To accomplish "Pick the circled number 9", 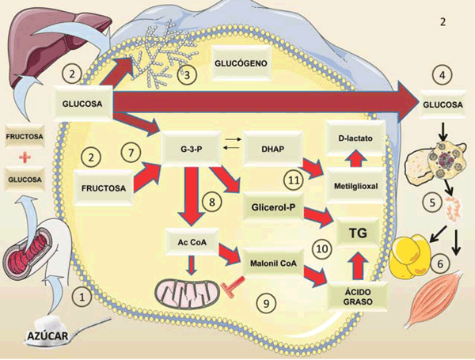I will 267,301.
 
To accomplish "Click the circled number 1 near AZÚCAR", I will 80,297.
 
